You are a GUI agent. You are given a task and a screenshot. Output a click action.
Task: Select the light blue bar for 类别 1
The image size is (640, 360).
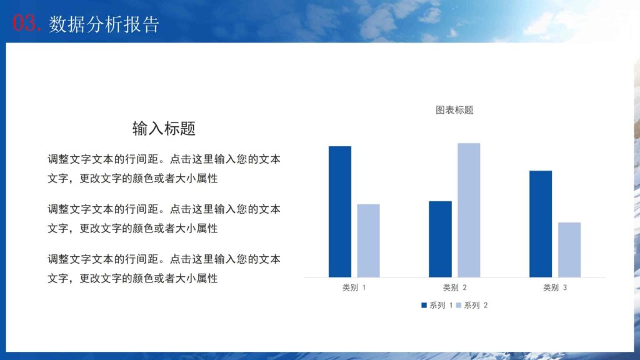point(368,241)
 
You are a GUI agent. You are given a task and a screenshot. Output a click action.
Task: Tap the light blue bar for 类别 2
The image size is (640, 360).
point(469,210)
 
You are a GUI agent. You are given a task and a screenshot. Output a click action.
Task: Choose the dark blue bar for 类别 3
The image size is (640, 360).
point(541,224)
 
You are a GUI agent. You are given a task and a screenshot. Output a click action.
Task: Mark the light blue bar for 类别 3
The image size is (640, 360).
point(569,249)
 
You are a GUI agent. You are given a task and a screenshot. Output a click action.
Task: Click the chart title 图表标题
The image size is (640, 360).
point(454,110)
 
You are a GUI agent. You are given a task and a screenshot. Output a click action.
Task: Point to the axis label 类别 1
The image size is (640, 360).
point(354,288)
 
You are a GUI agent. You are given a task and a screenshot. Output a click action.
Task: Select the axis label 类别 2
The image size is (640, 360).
point(455,288)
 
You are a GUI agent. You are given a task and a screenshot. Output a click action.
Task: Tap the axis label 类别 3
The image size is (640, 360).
point(555,288)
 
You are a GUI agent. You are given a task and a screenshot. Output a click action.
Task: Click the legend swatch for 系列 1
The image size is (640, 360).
point(424,306)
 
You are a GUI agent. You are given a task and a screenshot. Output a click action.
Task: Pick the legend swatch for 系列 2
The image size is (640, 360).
point(458,306)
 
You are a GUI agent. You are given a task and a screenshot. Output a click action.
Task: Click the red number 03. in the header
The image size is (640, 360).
point(27,24)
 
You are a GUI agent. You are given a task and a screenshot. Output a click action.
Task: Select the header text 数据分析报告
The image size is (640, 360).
point(104,24)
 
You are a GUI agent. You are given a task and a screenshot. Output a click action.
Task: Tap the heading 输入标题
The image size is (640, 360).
point(164,129)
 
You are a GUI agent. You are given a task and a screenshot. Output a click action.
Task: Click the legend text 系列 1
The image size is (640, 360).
point(441,306)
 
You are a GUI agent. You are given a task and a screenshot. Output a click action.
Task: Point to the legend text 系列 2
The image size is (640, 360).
point(476,306)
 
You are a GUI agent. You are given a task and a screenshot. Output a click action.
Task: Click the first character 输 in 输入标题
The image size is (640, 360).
point(140,129)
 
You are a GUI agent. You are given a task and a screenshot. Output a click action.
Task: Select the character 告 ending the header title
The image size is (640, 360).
point(151,24)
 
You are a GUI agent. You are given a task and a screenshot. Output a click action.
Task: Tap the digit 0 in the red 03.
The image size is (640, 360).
point(19,24)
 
